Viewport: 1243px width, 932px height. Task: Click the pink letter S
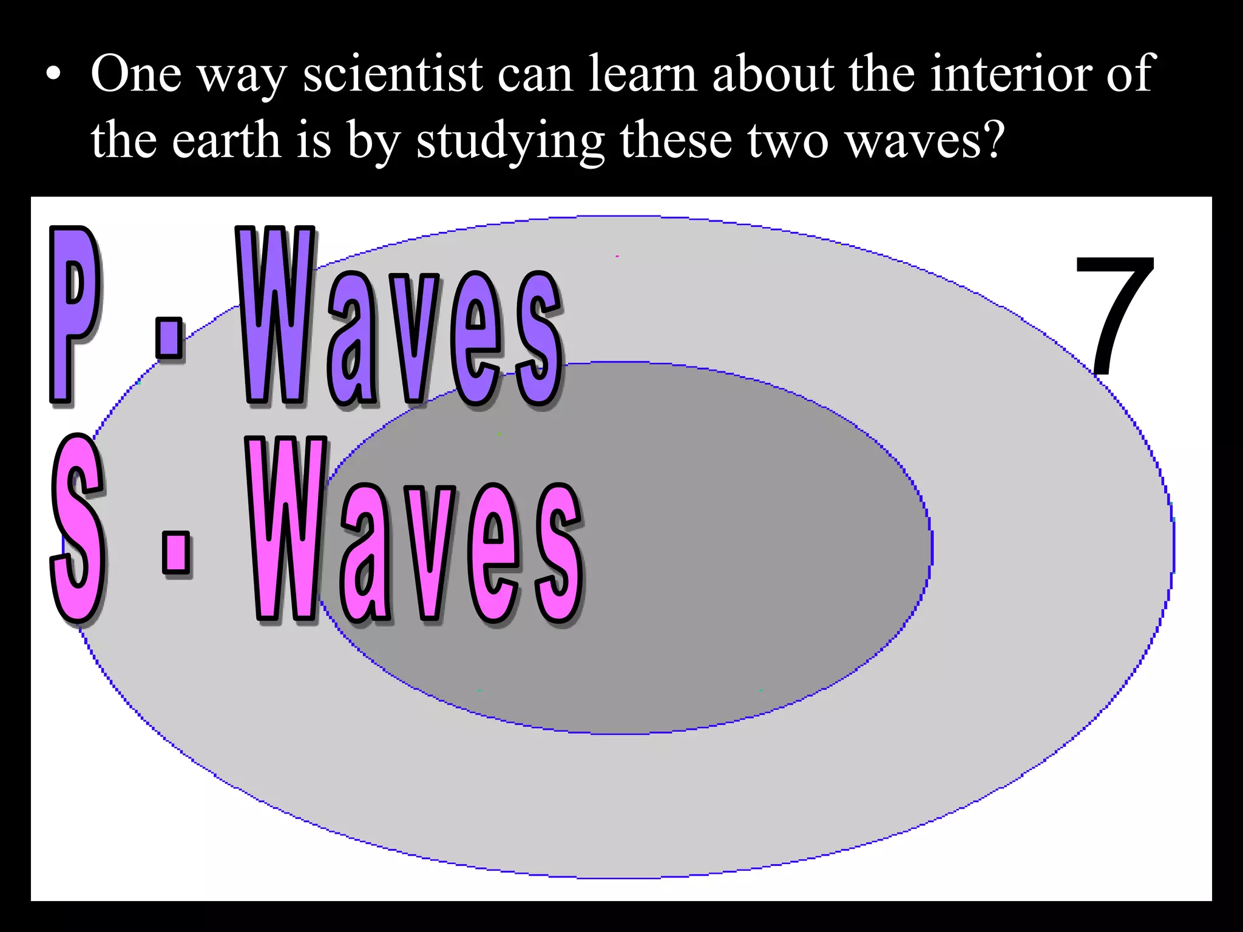(78, 528)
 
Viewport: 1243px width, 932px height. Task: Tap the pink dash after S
(176, 552)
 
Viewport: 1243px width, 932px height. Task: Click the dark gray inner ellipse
(728, 546)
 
